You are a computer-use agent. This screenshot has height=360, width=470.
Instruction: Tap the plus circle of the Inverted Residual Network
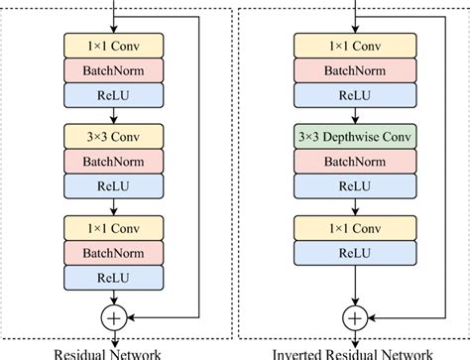354,317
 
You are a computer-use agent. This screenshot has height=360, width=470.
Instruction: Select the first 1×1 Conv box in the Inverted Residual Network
354,45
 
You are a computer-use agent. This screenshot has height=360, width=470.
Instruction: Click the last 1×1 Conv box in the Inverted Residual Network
354,227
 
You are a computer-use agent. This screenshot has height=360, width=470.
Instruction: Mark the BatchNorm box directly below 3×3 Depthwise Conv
354,161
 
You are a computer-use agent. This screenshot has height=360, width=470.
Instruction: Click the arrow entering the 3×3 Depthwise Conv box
354,115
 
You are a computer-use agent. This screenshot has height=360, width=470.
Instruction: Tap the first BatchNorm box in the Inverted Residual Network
354,69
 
